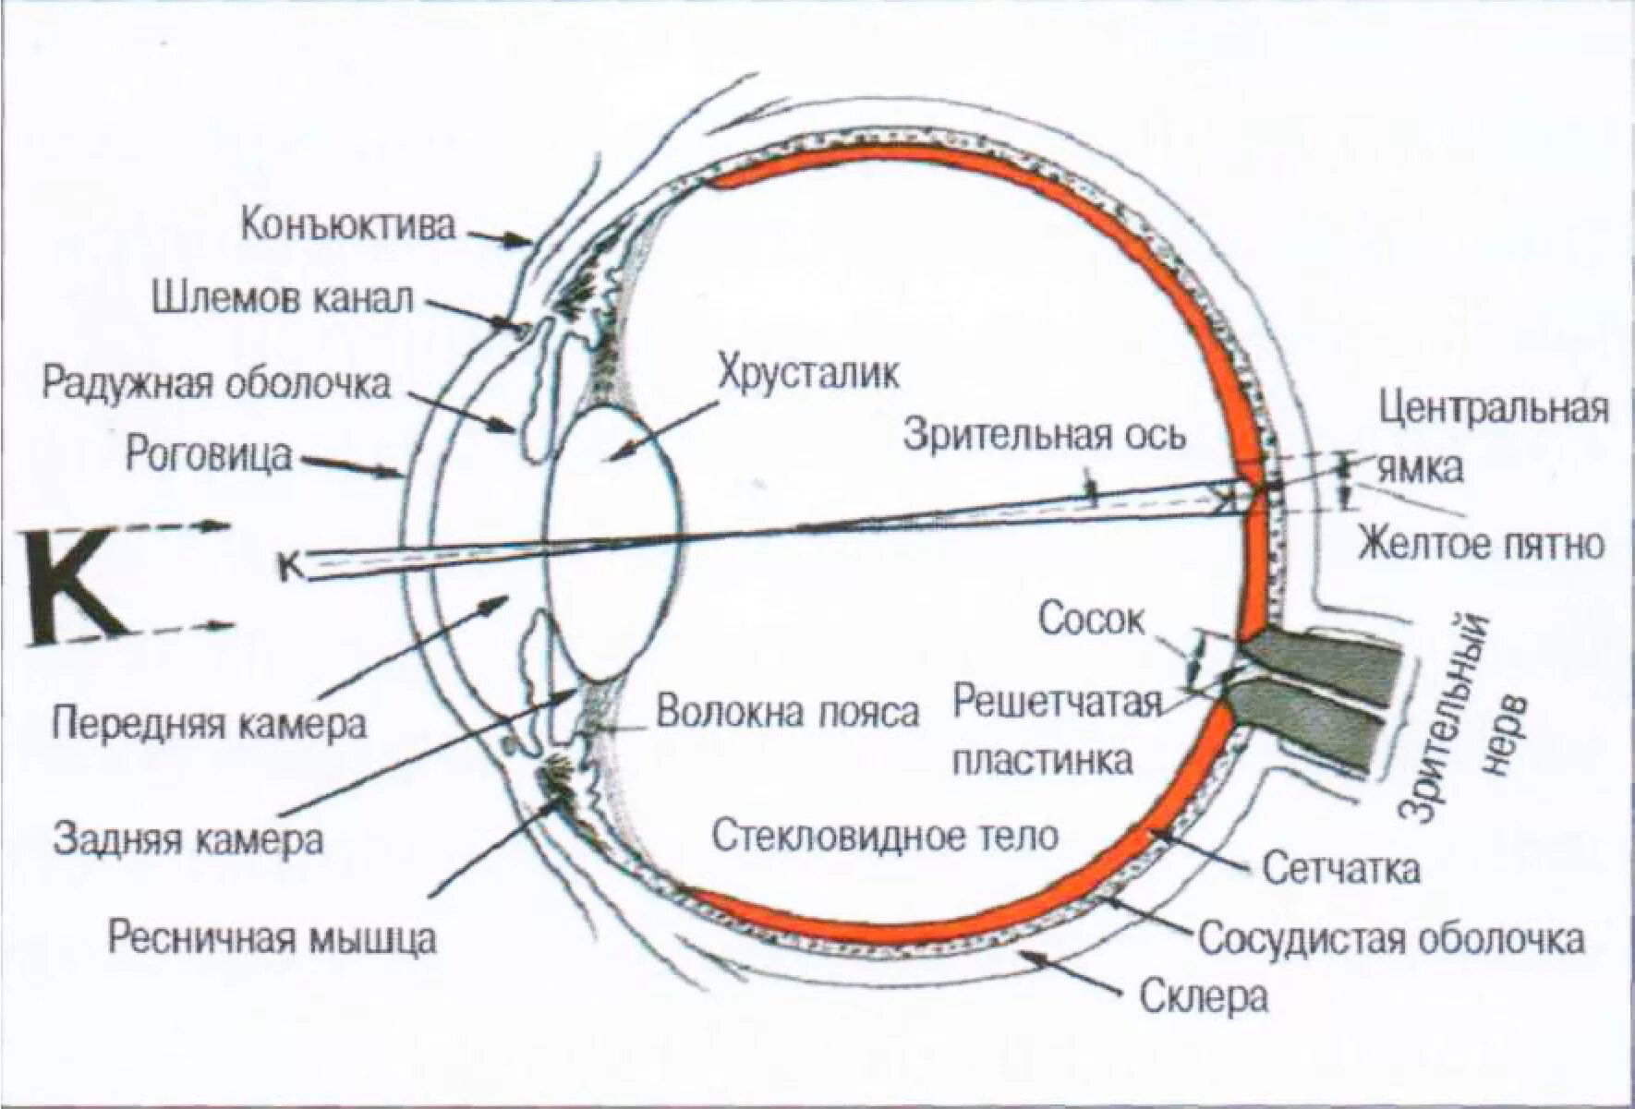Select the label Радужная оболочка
click(x=217, y=381)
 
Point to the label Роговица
click(x=208, y=455)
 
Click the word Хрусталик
click(x=808, y=374)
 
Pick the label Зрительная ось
click(x=1043, y=435)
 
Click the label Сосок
click(x=1090, y=620)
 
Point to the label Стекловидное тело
click(x=885, y=837)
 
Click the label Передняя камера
click(x=208, y=723)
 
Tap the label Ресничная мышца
click(x=272, y=938)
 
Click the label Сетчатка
click(x=1341, y=868)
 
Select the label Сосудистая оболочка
click(x=1391, y=939)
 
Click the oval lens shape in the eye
click(x=613, y=545)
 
